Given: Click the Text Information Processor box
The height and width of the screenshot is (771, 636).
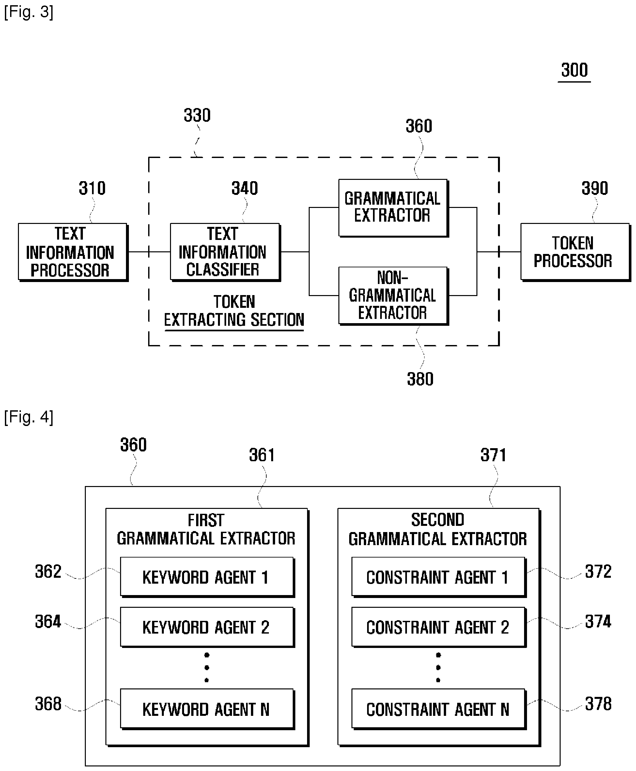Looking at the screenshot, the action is click(73, 252).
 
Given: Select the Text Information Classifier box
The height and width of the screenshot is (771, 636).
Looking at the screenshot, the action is click(225, 252).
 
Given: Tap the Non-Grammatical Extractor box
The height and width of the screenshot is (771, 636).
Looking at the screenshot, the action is click(394, 296).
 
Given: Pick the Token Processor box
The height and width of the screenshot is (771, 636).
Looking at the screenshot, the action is click(576, 252).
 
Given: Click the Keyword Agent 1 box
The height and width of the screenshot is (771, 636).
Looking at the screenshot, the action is click(207, 577).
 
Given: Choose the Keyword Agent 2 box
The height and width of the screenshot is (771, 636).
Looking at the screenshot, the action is click(207, 627).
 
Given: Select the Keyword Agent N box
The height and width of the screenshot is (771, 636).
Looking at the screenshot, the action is click(207, 709).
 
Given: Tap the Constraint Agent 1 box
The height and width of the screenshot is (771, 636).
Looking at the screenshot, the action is click(439, 577).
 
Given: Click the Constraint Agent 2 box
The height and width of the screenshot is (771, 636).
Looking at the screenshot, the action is click(439, 627).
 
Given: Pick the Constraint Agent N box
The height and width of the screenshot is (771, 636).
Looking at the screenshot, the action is click(439, 709).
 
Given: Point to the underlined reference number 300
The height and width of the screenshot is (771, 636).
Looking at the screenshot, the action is click(574, 71).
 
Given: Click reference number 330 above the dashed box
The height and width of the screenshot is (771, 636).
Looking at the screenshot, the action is click(197, 116).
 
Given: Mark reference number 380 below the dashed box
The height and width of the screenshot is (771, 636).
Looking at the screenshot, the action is click(420, 379).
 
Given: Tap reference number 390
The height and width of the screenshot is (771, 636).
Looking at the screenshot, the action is click(595, 188).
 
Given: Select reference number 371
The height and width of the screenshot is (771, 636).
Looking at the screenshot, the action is click(493, 455).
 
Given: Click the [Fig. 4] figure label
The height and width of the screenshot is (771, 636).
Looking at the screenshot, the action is click(29, 417).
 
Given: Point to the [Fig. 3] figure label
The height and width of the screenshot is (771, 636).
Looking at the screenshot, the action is click(29, 12).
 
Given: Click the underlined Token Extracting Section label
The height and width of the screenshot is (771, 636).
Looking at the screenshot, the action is click(234, 311).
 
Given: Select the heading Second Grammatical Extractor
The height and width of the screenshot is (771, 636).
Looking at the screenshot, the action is click(438, 529).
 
